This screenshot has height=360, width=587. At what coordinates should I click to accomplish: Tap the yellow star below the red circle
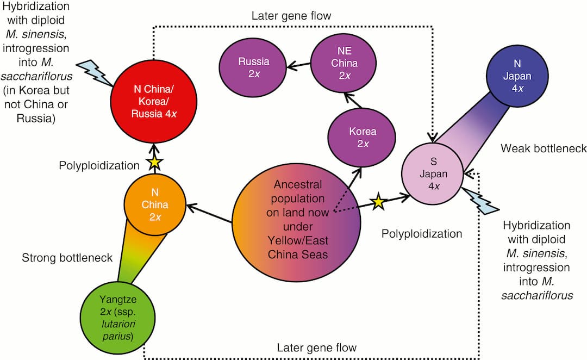point(155,162)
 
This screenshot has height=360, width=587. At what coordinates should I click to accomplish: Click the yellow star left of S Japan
point(378,203)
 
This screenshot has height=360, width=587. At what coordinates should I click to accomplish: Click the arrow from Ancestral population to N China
point(210,214)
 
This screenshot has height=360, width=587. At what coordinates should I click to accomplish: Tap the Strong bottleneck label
point(67,258)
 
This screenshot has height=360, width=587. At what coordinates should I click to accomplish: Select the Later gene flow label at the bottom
point(317,348)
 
